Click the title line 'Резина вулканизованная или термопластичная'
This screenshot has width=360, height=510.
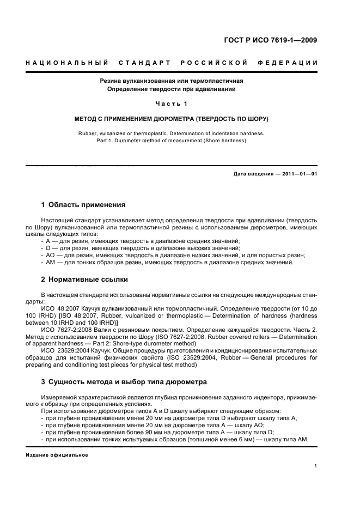tap(171, 81)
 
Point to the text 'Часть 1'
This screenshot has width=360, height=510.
tap(171, 104)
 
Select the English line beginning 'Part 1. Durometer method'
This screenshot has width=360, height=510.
tap(171, 141)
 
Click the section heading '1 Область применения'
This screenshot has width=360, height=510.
tap(83, 205)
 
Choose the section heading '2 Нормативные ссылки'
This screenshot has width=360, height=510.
tap(84, 280)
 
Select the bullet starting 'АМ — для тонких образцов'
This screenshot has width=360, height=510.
tap(169, 262)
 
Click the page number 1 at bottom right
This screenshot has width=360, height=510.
tap(316, 466)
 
